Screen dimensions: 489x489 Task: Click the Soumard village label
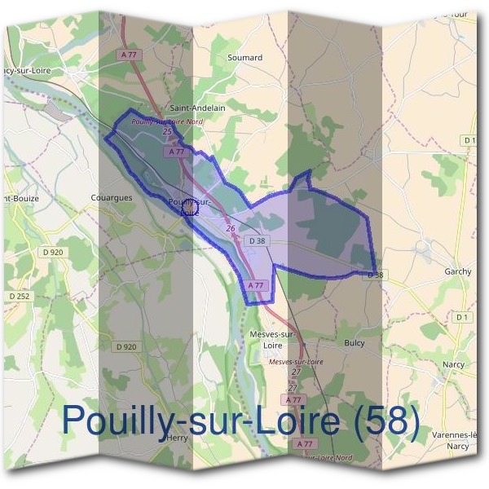tap(244, 58)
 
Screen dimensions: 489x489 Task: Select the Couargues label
tap(108, 197)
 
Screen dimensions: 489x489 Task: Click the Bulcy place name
tap(355, 343)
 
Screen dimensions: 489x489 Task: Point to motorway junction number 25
tap(167, 131)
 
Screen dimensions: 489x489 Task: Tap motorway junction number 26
tap(231, 229)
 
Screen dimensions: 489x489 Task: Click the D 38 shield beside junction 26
tap(258, 240)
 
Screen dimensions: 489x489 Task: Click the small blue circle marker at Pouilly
tap(189, 209)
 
